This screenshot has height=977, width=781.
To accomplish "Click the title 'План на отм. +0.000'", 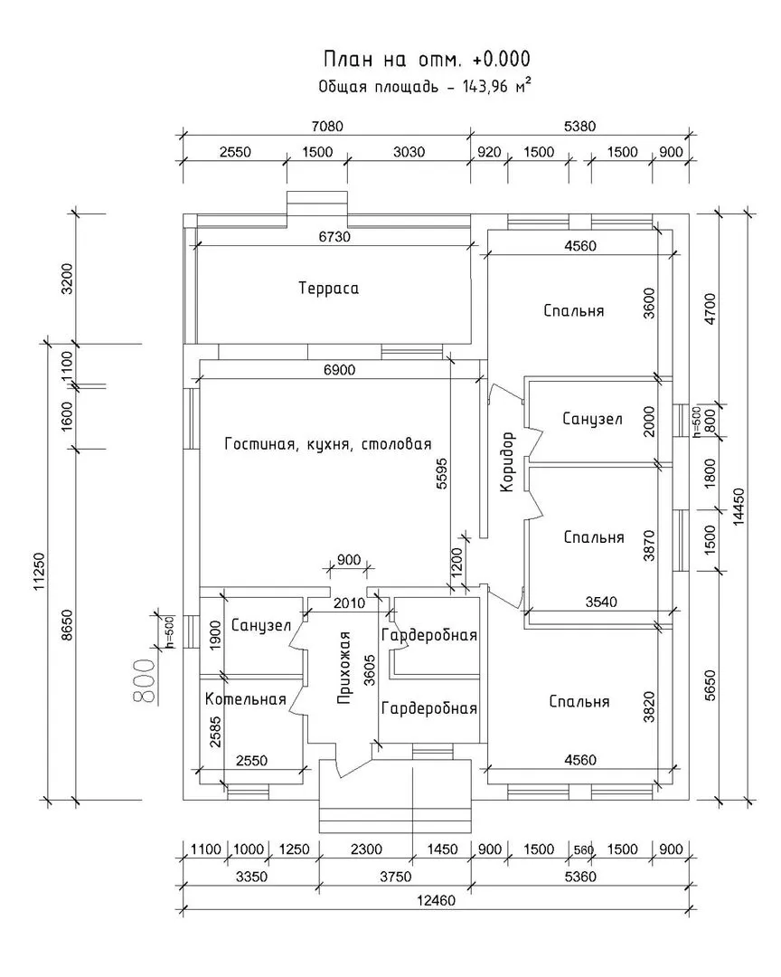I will pos(427,60).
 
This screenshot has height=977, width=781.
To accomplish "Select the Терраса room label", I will pos(328,289).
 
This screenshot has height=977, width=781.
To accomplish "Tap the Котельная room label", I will pos(245,699).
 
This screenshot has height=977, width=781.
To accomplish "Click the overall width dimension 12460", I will pos(436,900).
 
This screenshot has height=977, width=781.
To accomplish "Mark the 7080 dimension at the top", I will pos(325,127).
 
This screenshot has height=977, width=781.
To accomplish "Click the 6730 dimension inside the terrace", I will pos(334,237).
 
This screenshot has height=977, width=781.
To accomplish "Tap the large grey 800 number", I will pos(144,681).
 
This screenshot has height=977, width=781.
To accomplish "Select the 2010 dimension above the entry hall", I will pos(348,603).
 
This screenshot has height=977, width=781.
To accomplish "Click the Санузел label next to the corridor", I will pos(592,419).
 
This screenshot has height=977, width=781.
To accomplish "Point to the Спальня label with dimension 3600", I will pos(574,310).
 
